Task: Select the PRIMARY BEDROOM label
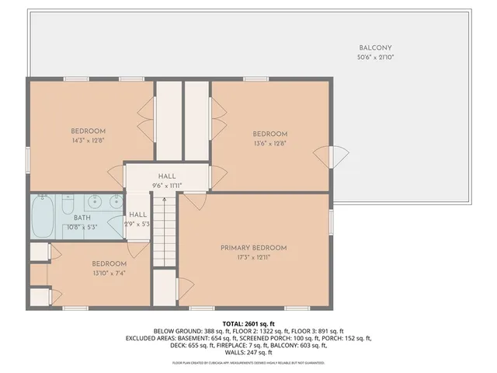(x=253, y=248)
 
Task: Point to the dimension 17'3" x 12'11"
(x=253, y=258)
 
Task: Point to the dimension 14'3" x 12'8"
(x=88, y=141)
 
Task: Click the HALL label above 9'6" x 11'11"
(x=166, y=176)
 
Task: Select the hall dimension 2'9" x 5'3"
(x=138, y=224)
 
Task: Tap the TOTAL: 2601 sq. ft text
(x=248, y=323)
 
